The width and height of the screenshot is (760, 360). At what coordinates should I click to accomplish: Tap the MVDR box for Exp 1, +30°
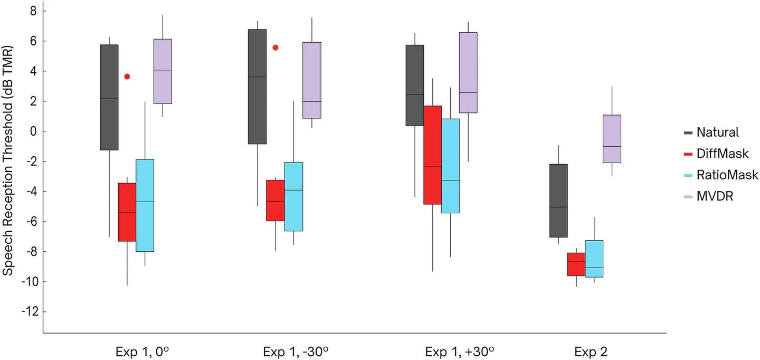pos(468,72)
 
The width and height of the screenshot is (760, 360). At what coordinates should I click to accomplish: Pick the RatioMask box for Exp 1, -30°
pos(293,196)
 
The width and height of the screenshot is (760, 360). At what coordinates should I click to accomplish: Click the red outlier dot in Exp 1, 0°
pos(127,77)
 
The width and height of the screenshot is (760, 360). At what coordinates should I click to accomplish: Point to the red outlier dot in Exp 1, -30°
pos(275,48)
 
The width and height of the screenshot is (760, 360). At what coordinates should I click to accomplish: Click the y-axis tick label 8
pos(33,11)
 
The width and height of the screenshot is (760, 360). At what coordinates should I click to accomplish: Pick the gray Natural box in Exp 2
pos(558,201)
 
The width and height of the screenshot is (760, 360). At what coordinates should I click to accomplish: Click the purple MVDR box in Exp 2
pos(612,139)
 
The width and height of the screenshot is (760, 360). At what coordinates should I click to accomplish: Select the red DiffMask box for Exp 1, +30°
pos(433,155)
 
